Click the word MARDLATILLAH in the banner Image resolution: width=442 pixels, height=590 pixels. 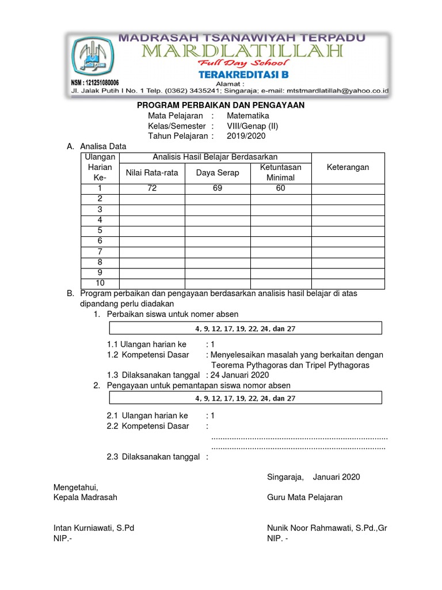coord(241,52)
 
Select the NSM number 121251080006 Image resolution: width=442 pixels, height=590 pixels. coord(95,82)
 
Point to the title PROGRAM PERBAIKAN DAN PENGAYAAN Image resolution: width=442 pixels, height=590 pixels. coord(220,105)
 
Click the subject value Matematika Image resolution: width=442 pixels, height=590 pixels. coord(247,115)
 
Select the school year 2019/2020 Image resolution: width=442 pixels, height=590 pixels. coord(246,136)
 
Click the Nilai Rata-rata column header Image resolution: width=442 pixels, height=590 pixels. coord(152,172)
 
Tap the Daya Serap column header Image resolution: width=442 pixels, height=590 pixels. coord(218,172)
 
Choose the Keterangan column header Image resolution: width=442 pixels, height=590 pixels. coord(348,167)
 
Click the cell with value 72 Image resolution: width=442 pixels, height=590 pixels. coord(152,188)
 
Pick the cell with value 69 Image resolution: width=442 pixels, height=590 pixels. coord(217,188)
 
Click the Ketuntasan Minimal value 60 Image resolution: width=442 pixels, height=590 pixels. coord(280,188)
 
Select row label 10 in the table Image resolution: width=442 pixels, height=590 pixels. coord(100,283)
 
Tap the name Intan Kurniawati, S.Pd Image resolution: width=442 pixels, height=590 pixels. coord(94,528)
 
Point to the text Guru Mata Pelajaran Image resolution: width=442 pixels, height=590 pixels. coord(304,497)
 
